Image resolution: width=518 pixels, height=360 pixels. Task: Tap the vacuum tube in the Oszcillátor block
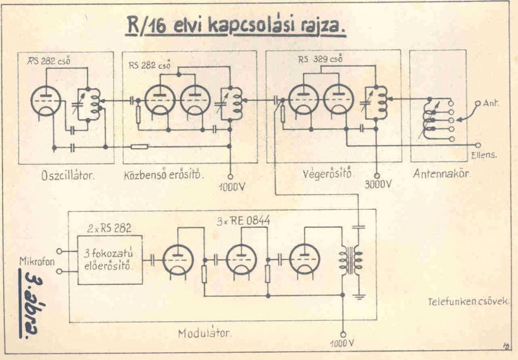[x=46, y=102]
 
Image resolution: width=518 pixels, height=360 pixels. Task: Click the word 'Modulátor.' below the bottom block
[x=205, y=333]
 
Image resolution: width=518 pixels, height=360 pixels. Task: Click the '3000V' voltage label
[x=379, y=184]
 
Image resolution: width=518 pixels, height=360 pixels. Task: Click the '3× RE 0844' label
[x=243, y=221]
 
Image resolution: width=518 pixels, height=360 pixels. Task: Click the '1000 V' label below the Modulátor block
[x=342, y=342]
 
